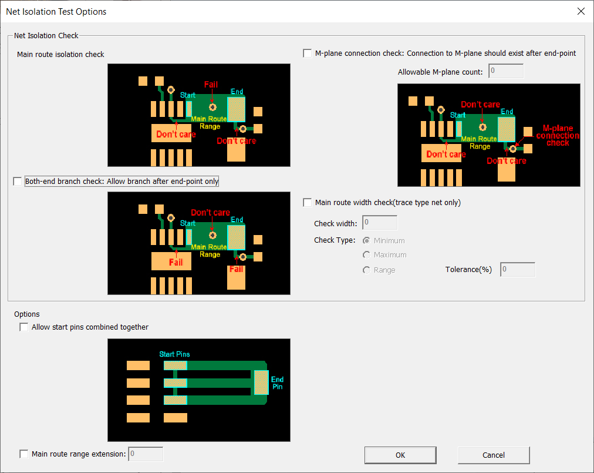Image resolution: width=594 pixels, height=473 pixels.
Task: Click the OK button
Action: [400, 455]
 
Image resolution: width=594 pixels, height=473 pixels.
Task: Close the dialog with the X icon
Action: [580, 11]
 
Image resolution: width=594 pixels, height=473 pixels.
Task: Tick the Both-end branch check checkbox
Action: [18, 182]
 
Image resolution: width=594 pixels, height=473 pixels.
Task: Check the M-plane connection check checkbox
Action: [307, 53]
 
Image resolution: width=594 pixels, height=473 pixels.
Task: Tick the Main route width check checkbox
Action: [307, 203]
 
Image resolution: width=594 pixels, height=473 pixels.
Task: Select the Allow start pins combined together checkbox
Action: [24, 327]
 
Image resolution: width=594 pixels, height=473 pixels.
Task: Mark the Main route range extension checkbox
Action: [24, 454]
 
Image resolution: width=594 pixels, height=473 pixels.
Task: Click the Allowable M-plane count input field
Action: [506, 71]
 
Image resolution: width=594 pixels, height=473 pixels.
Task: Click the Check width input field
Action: [380, 223]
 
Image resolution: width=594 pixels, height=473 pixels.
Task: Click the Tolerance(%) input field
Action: [518, 269]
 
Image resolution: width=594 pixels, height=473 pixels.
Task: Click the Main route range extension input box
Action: [146, 454]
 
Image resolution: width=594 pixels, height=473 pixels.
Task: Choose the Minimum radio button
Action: [366, 240]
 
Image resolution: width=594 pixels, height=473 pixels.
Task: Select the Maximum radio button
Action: [366, 255]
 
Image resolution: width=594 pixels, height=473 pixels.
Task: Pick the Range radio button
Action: [366, 270]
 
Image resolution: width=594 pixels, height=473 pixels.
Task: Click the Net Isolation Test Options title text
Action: [56, 11]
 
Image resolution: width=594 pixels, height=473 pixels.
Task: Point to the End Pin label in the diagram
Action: [277, 383]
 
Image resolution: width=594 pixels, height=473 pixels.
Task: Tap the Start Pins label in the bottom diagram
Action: [174, 354]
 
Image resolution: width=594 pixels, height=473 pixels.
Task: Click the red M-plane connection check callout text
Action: [558, 135]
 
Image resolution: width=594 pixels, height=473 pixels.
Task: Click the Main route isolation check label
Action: [60, 54]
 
